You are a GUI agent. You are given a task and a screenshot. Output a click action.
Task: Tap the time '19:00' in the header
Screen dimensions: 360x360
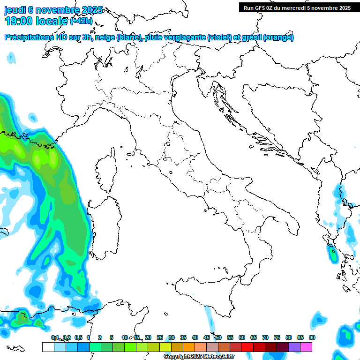[x=19, y=21]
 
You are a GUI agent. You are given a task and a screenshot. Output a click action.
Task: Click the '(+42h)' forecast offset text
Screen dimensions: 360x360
[x=81, y=21]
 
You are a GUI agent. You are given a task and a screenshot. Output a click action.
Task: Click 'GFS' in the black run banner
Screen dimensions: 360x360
[x=261, y=8]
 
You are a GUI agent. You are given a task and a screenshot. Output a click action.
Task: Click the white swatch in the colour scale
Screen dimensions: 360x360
[x=48, y=347]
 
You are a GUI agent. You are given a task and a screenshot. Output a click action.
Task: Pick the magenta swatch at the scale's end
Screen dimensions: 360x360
[x=306, y=347]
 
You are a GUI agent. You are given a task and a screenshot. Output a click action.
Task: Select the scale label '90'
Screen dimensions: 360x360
[x=312, y=337]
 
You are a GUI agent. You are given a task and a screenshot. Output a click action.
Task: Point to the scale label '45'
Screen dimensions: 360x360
[x=207, y=337]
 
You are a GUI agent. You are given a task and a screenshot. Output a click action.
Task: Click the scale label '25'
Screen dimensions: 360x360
[x=160, y=337]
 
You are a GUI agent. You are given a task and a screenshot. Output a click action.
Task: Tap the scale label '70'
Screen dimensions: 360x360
[x=265, y=337]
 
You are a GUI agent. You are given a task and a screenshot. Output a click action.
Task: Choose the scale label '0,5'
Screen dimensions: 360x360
[x=78, y=337]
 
